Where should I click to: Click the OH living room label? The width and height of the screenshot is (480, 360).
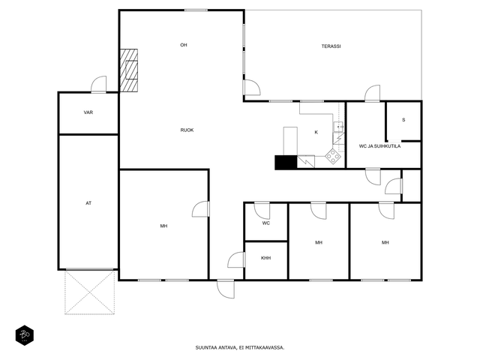[183, 45]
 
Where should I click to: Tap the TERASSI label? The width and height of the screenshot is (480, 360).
[331, 46]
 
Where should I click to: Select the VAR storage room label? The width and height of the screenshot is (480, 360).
[88, 112]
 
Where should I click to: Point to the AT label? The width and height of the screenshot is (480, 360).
[88, 203]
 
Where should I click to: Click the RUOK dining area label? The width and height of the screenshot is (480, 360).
[187, 130]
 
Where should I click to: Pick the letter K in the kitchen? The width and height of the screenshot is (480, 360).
[316, 132]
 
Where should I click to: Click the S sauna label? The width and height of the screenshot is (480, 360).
[403, 120]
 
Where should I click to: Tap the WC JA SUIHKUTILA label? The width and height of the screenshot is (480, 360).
[379, 146]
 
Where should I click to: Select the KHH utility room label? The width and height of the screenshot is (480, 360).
[265, 258]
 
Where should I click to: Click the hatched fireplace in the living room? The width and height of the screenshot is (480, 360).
[128, 70]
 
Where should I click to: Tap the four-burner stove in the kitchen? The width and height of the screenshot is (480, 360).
[333, 157]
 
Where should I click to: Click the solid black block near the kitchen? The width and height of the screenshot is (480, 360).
[286, 162]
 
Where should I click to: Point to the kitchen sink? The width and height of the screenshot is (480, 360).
[338, 127]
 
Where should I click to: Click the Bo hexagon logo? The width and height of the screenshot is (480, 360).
[25, 335]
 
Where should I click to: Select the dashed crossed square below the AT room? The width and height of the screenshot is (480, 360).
[89, 292]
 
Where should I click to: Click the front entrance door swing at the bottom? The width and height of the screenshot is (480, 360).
[226, 289]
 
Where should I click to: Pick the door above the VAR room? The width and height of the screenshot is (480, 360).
[99, 84]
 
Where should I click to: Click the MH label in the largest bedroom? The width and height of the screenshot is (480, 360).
[163, 226]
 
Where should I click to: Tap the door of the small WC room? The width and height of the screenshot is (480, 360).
[262, 211]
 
